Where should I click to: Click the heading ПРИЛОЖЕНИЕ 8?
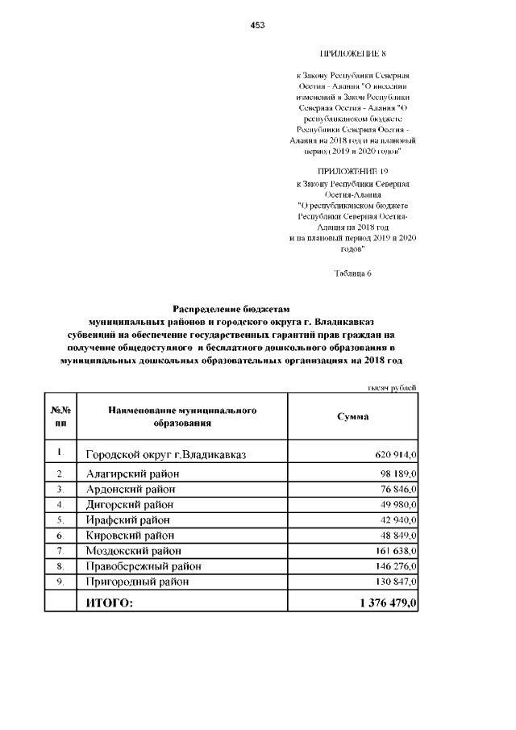pyautogui.click(x=353, y=54)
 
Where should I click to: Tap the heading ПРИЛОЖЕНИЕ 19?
pyautogui.click(x=353, y=173)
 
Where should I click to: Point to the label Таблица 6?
pyautogui.click(x=353, y=273)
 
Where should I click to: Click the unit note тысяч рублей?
pyautogui.click(x=392, y=388)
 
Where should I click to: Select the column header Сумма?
pyautogui.click(x=353, y=416)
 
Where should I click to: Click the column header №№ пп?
pyautogui.click(x=60, y=416)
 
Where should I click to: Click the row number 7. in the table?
pyautogui.click(x=60, y=550)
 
